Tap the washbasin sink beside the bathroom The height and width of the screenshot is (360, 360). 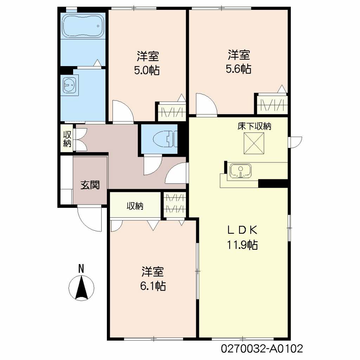coord(69,85)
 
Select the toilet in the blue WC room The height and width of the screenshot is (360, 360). coord(165,139)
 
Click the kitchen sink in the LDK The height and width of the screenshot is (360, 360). coord(240,171)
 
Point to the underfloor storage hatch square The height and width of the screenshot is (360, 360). coord(254,143)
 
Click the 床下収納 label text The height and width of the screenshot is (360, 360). coord(254,126)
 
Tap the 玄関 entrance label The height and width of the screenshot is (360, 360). coord(90,185)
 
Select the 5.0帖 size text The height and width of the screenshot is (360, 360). coord(147,70)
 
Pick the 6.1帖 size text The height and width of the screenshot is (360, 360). coord(153,286)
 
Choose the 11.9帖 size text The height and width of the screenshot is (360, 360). coord(242,245)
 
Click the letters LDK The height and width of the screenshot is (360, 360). coord(242,230)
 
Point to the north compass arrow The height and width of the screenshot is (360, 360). coord(81,288)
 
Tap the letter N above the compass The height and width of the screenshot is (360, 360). coord(81,269)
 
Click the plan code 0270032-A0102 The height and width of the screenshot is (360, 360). coord(262,348)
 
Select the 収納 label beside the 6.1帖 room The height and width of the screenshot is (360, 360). coord(135,206)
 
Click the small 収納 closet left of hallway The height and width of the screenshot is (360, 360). coord(67,139)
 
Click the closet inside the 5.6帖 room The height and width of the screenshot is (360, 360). coord(272,105)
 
